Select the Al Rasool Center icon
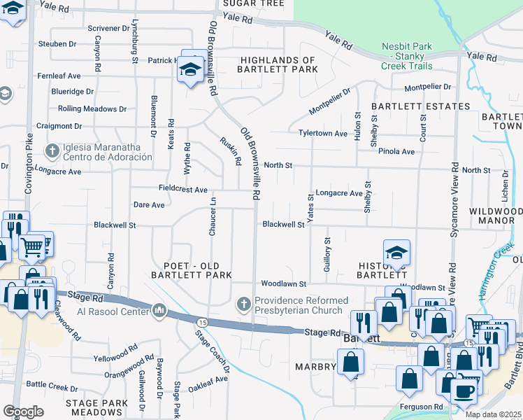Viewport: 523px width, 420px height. (x=159, y=310)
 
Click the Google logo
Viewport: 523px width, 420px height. (x=23, y=411)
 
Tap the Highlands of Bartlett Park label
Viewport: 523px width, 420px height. (x=278, y=65)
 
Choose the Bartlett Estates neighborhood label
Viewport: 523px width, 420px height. (x=420, y=106)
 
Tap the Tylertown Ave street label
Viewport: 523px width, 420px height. (x=323, y=133)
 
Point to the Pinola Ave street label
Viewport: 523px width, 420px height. (x=397, y=151)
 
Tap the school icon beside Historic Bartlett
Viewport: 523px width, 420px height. (x=396, y=253)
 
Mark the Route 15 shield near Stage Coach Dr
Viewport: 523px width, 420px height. (x=201, y=321)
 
